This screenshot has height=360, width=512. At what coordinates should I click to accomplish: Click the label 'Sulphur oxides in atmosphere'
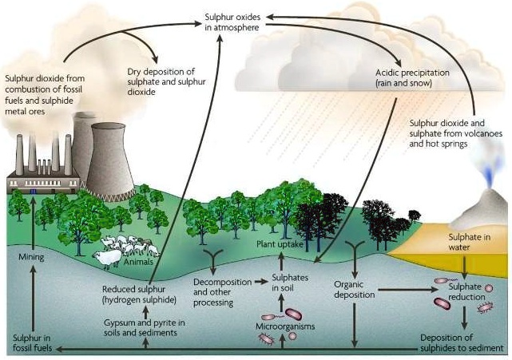tap(231, 22)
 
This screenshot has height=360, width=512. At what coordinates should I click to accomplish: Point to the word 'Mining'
tap(31, 258)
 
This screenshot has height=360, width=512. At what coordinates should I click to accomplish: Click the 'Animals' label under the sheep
tap(138, 261)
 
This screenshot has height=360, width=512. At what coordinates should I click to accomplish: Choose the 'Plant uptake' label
tap(280, 244)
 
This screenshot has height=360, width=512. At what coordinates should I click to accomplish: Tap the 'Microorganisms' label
tap(285, 326)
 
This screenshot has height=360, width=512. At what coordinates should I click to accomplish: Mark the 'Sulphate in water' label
tap(464, 243)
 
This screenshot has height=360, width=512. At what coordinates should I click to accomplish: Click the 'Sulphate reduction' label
tap(466, 291)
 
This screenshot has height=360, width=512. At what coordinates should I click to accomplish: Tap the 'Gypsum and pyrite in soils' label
tap(145, 326)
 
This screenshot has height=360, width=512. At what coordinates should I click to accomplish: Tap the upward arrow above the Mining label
tap(31, 224)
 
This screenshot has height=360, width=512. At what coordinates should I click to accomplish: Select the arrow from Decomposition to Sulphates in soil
tap(252, 282)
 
